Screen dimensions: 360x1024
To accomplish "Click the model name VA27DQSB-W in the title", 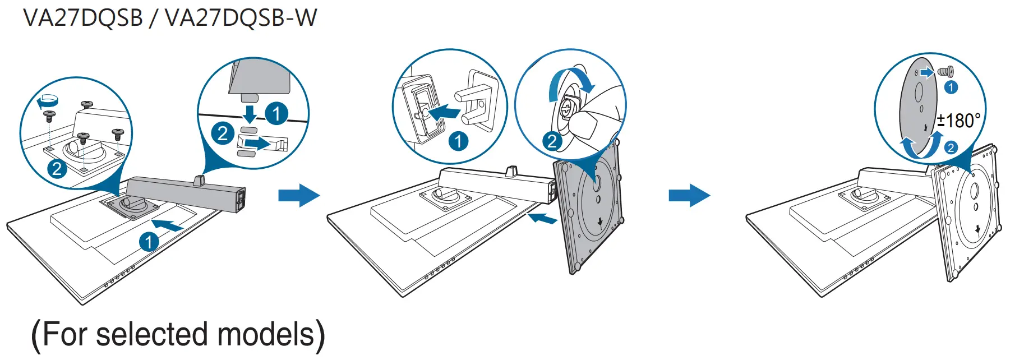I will click(x=241, y=18).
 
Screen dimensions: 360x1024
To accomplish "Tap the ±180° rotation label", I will click(x=959, y=121).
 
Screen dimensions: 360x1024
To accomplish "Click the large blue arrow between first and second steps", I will click(x=299, y=196).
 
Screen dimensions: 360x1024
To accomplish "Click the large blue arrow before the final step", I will click(x=689, y=196).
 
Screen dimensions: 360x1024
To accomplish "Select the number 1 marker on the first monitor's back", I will click(x=149, y=242).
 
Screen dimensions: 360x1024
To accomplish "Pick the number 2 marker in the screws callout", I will click(x=57, y=168).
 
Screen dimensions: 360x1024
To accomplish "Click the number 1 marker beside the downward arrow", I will click(x=276, y=114).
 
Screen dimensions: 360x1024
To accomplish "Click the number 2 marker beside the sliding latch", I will click(x=223, y=133).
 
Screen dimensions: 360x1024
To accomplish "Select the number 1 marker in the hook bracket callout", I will click(x=458, y=141).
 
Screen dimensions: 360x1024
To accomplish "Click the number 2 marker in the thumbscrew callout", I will click(x=552, y=141).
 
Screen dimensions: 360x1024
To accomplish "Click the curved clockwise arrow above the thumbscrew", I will click(x=572, y=83).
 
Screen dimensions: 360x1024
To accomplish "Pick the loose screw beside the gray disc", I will click(x=946, y=72).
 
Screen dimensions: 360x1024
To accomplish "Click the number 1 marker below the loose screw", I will click(x=951, y=87).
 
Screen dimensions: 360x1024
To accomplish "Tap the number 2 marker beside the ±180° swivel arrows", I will click(x=951, y=148).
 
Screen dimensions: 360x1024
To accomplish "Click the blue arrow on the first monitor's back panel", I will click(x=168, y=225).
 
